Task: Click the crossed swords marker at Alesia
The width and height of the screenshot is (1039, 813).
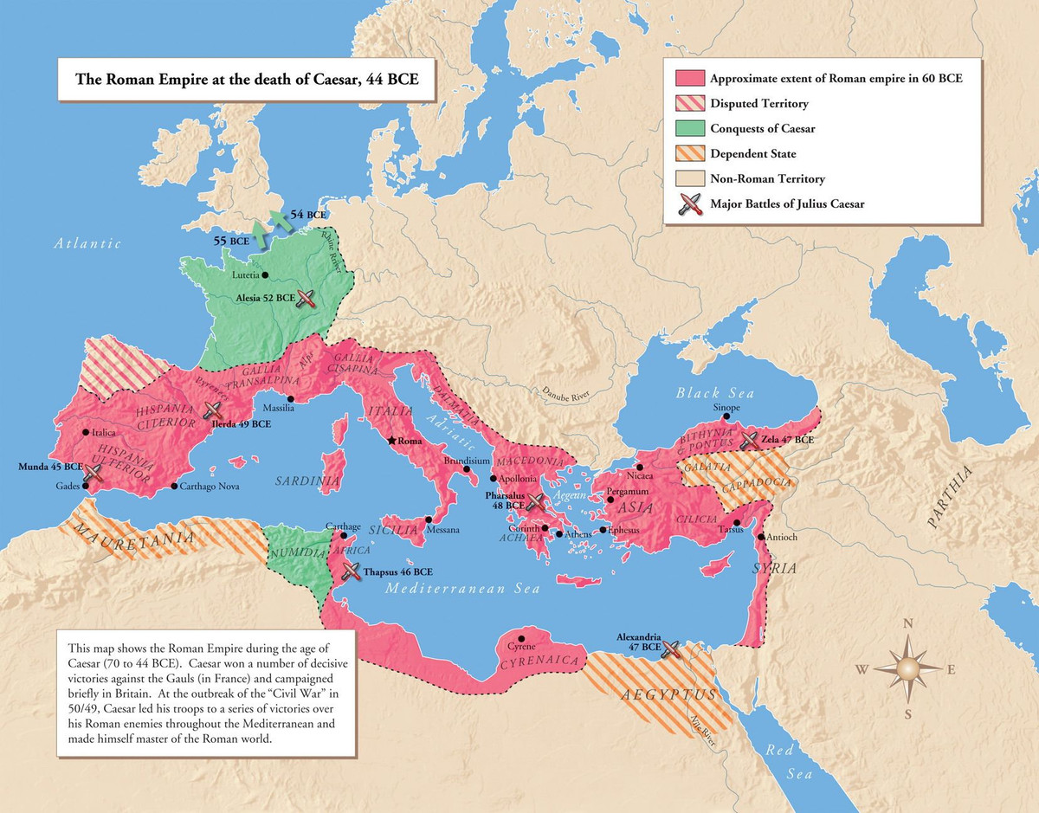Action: [x=306, y=299]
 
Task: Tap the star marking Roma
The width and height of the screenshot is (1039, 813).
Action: [x=392, y=441]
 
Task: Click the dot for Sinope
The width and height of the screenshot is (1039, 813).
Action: [x=726, y=416]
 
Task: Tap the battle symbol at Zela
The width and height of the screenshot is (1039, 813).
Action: [x=748, y=440]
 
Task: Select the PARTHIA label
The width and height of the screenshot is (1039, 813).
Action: [x=950, y=497]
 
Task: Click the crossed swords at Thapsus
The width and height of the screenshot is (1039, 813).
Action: [x=351, y=571]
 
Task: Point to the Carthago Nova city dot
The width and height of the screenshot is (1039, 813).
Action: [x=174, y=487]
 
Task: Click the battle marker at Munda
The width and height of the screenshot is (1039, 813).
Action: [x=94, y=472]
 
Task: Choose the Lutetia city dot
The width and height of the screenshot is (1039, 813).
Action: [x=264, y=275]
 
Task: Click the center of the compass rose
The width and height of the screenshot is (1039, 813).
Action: [x=908, y=668]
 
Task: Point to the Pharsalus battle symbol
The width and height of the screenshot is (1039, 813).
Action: [x=536, y=501]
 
